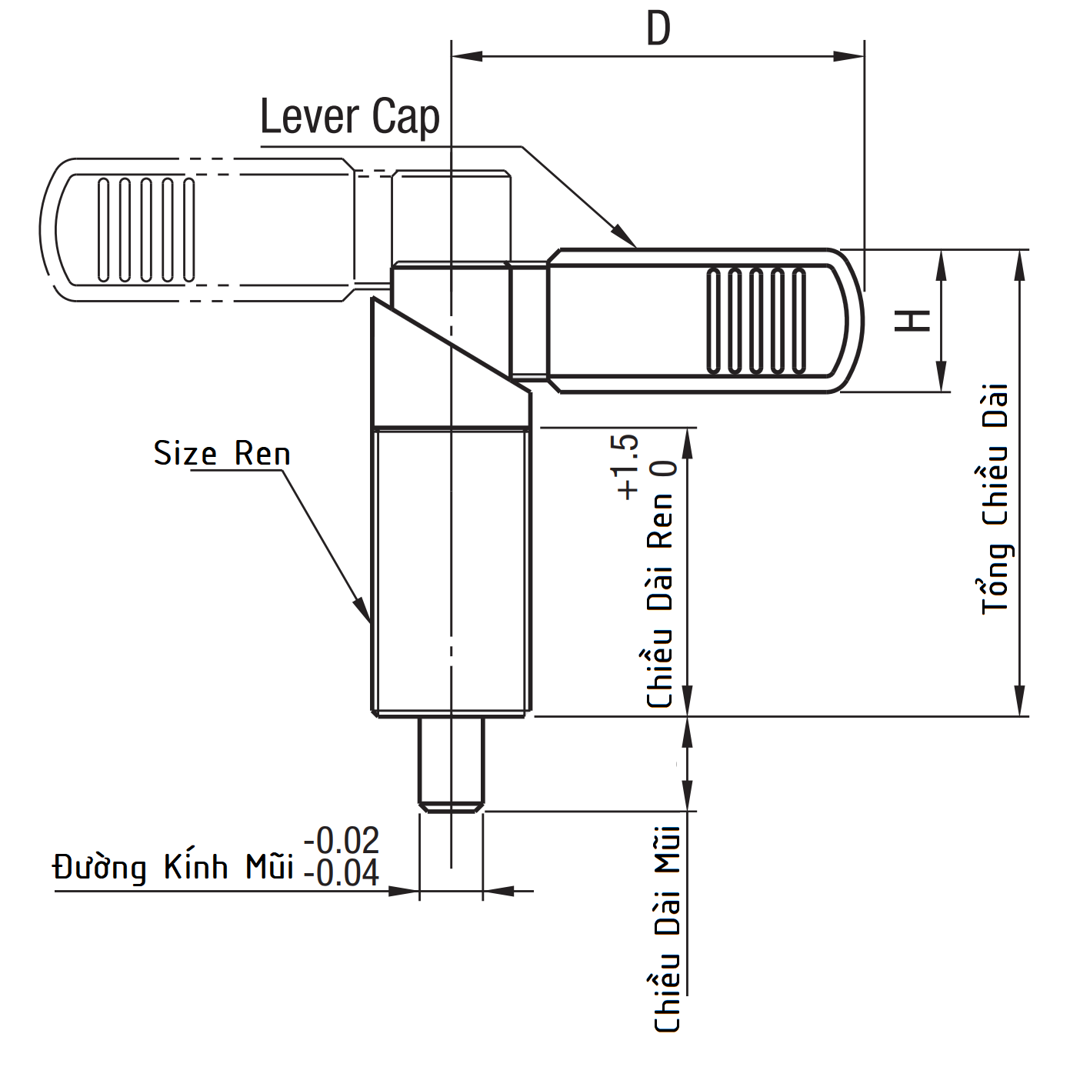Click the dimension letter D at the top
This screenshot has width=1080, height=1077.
coord(658,29)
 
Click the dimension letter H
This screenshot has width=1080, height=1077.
coord(912,321)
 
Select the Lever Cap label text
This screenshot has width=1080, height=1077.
coord(350,118)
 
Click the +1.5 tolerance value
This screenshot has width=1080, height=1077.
coord(627,466)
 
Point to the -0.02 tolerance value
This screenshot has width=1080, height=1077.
coord(342,840)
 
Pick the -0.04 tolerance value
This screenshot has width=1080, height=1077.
coord(342,872)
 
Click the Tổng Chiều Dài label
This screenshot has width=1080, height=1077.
coord(995,499)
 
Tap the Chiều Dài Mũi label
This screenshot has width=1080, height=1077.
coord(667,929)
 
